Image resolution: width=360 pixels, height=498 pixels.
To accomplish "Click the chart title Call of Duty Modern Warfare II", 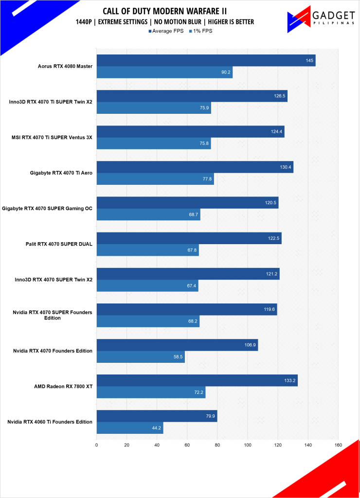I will (x=165, y=11).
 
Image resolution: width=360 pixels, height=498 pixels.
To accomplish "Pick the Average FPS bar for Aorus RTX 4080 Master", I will (x=206, y=60).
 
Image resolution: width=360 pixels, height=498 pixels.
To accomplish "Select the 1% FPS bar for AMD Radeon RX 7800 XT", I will (x=151, y=392).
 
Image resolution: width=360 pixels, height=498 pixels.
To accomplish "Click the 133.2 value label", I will (x=289, y=381).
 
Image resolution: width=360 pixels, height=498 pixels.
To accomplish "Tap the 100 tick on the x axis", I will (x=248, y=445).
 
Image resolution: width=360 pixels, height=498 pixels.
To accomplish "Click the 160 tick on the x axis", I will (x=338, y=445).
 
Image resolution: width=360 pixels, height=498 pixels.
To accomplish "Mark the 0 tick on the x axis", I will (x=97, y=445).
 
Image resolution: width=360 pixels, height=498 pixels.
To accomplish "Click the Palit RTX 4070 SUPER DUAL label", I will (x=59, y=244).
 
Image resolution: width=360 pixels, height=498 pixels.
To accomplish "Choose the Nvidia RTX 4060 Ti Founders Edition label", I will (x=50, y=422).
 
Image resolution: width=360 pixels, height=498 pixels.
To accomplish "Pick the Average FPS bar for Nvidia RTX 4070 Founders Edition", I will (x=177, y=345).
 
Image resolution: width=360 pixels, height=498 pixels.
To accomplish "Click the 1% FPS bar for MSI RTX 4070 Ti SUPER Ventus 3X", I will (x=154, y=143).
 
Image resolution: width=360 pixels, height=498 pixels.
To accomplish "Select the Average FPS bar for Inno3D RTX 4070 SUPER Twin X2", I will (x=188, y=274).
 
